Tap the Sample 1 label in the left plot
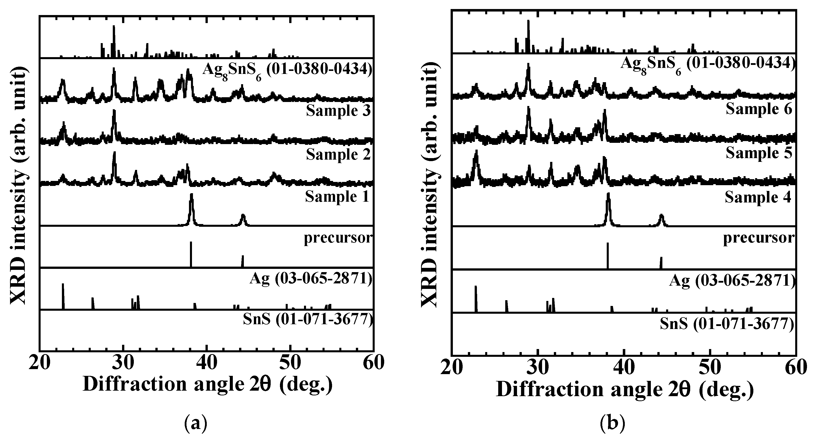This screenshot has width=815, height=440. click(x=337, y=197)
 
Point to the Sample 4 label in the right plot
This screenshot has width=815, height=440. click(x=758, y=197)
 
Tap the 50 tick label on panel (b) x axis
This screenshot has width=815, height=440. click(x=710, y=368)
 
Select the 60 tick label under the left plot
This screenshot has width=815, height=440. click(x=373, y=363)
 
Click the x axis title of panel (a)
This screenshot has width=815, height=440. click(x=208, y=384)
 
